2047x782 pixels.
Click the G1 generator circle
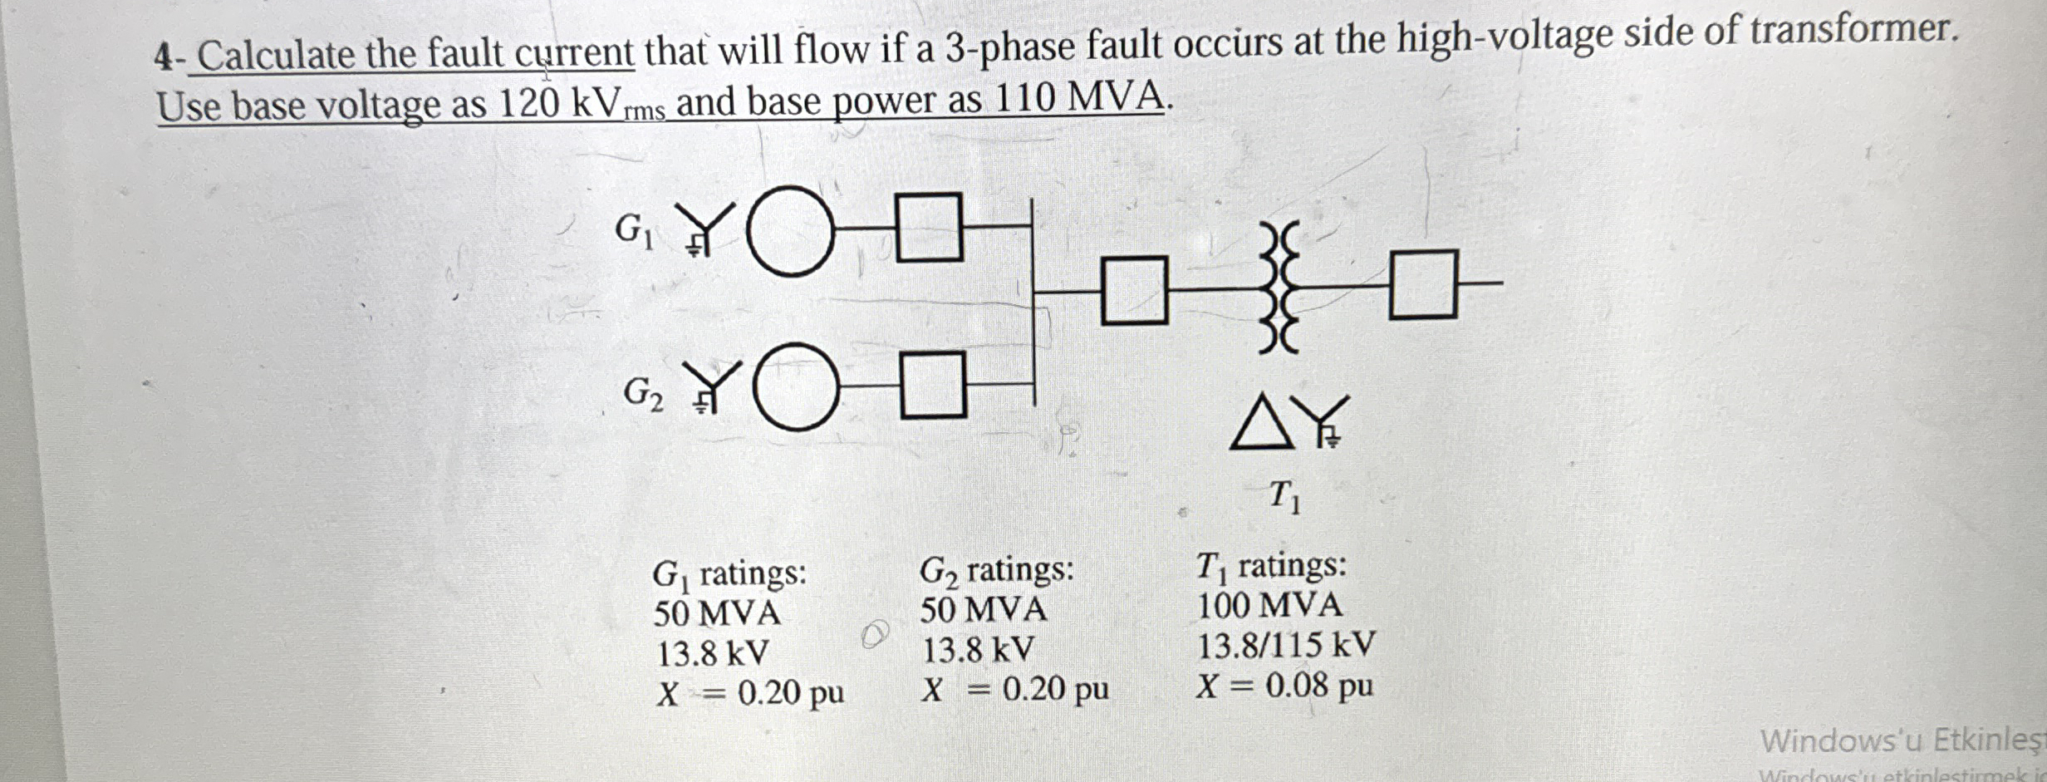point(790,231)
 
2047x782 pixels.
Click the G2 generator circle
point(796,386)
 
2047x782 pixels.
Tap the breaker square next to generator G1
point(930,227)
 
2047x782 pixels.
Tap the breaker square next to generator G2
point(934,385)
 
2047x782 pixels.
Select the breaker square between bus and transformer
point(1134,291)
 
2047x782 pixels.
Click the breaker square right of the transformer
point(1423,284)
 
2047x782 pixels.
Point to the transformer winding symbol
point(1279,287)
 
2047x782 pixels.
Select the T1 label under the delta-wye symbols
point(1284,496)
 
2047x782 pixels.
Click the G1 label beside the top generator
point(634,229)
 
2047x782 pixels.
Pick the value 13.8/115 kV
point(1285,645)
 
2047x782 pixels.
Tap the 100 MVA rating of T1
point(1269,605)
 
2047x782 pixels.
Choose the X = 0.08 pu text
point(1284,686)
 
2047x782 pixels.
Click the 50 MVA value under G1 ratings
point(716,613)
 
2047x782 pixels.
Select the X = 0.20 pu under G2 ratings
point(1015,689)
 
